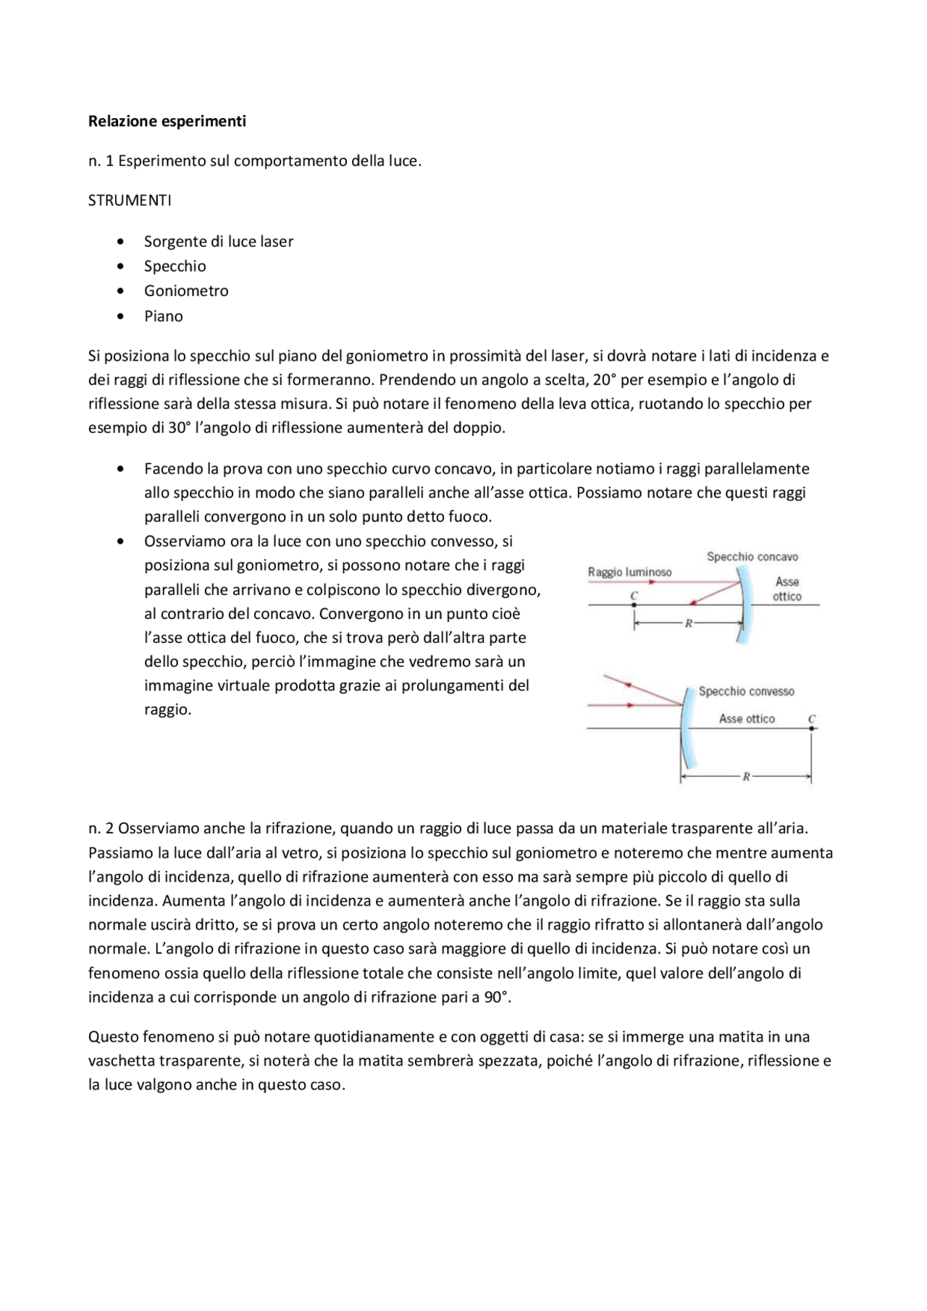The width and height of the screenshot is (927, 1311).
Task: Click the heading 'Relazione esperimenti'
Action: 167,121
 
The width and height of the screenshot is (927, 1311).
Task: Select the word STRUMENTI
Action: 130,201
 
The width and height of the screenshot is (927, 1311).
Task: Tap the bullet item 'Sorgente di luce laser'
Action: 218,241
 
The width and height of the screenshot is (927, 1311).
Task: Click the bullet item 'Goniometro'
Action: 186,291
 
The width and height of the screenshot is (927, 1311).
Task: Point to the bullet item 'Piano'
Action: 163,316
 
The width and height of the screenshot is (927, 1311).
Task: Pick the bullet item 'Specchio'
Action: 175,266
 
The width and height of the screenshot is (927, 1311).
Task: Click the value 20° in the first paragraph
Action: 604,379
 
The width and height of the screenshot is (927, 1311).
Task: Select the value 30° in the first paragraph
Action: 178,427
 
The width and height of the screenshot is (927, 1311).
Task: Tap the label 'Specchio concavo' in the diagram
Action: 752,557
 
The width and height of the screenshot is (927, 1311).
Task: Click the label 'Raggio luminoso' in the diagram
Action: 629,572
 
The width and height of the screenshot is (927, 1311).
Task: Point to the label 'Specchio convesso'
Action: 746,691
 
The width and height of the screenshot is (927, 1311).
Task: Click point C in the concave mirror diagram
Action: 634,604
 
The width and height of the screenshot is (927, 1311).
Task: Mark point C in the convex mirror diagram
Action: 811,728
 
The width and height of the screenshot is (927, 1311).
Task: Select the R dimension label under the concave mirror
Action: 688,623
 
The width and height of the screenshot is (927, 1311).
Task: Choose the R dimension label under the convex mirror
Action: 745,777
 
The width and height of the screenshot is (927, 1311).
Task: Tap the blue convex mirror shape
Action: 688,728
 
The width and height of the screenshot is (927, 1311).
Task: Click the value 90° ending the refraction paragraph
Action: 496,997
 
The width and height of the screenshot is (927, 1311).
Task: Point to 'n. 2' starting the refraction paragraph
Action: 101,828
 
